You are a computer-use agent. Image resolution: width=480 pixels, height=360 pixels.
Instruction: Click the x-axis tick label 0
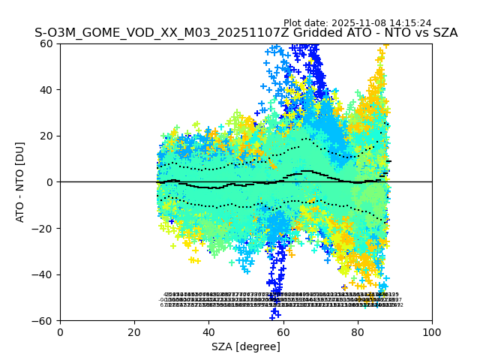(x=60, y=331)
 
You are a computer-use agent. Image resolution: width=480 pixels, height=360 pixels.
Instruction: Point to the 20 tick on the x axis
(x=134, y=331)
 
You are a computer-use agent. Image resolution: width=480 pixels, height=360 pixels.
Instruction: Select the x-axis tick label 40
(x=208, y=331)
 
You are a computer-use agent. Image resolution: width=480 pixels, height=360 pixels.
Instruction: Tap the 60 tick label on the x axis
(x=283, y=331)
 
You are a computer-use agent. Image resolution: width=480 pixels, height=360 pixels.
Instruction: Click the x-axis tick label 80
(x=358, y=331)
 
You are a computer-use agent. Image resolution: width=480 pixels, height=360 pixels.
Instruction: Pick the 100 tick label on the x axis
(x=432, y=331)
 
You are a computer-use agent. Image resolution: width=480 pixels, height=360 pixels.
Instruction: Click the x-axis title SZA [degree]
(x=246, y=346)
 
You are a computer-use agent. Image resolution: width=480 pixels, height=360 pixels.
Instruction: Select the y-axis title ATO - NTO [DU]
(x=21, y=182)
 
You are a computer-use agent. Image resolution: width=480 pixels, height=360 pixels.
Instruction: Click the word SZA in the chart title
(x=445, y=33)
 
